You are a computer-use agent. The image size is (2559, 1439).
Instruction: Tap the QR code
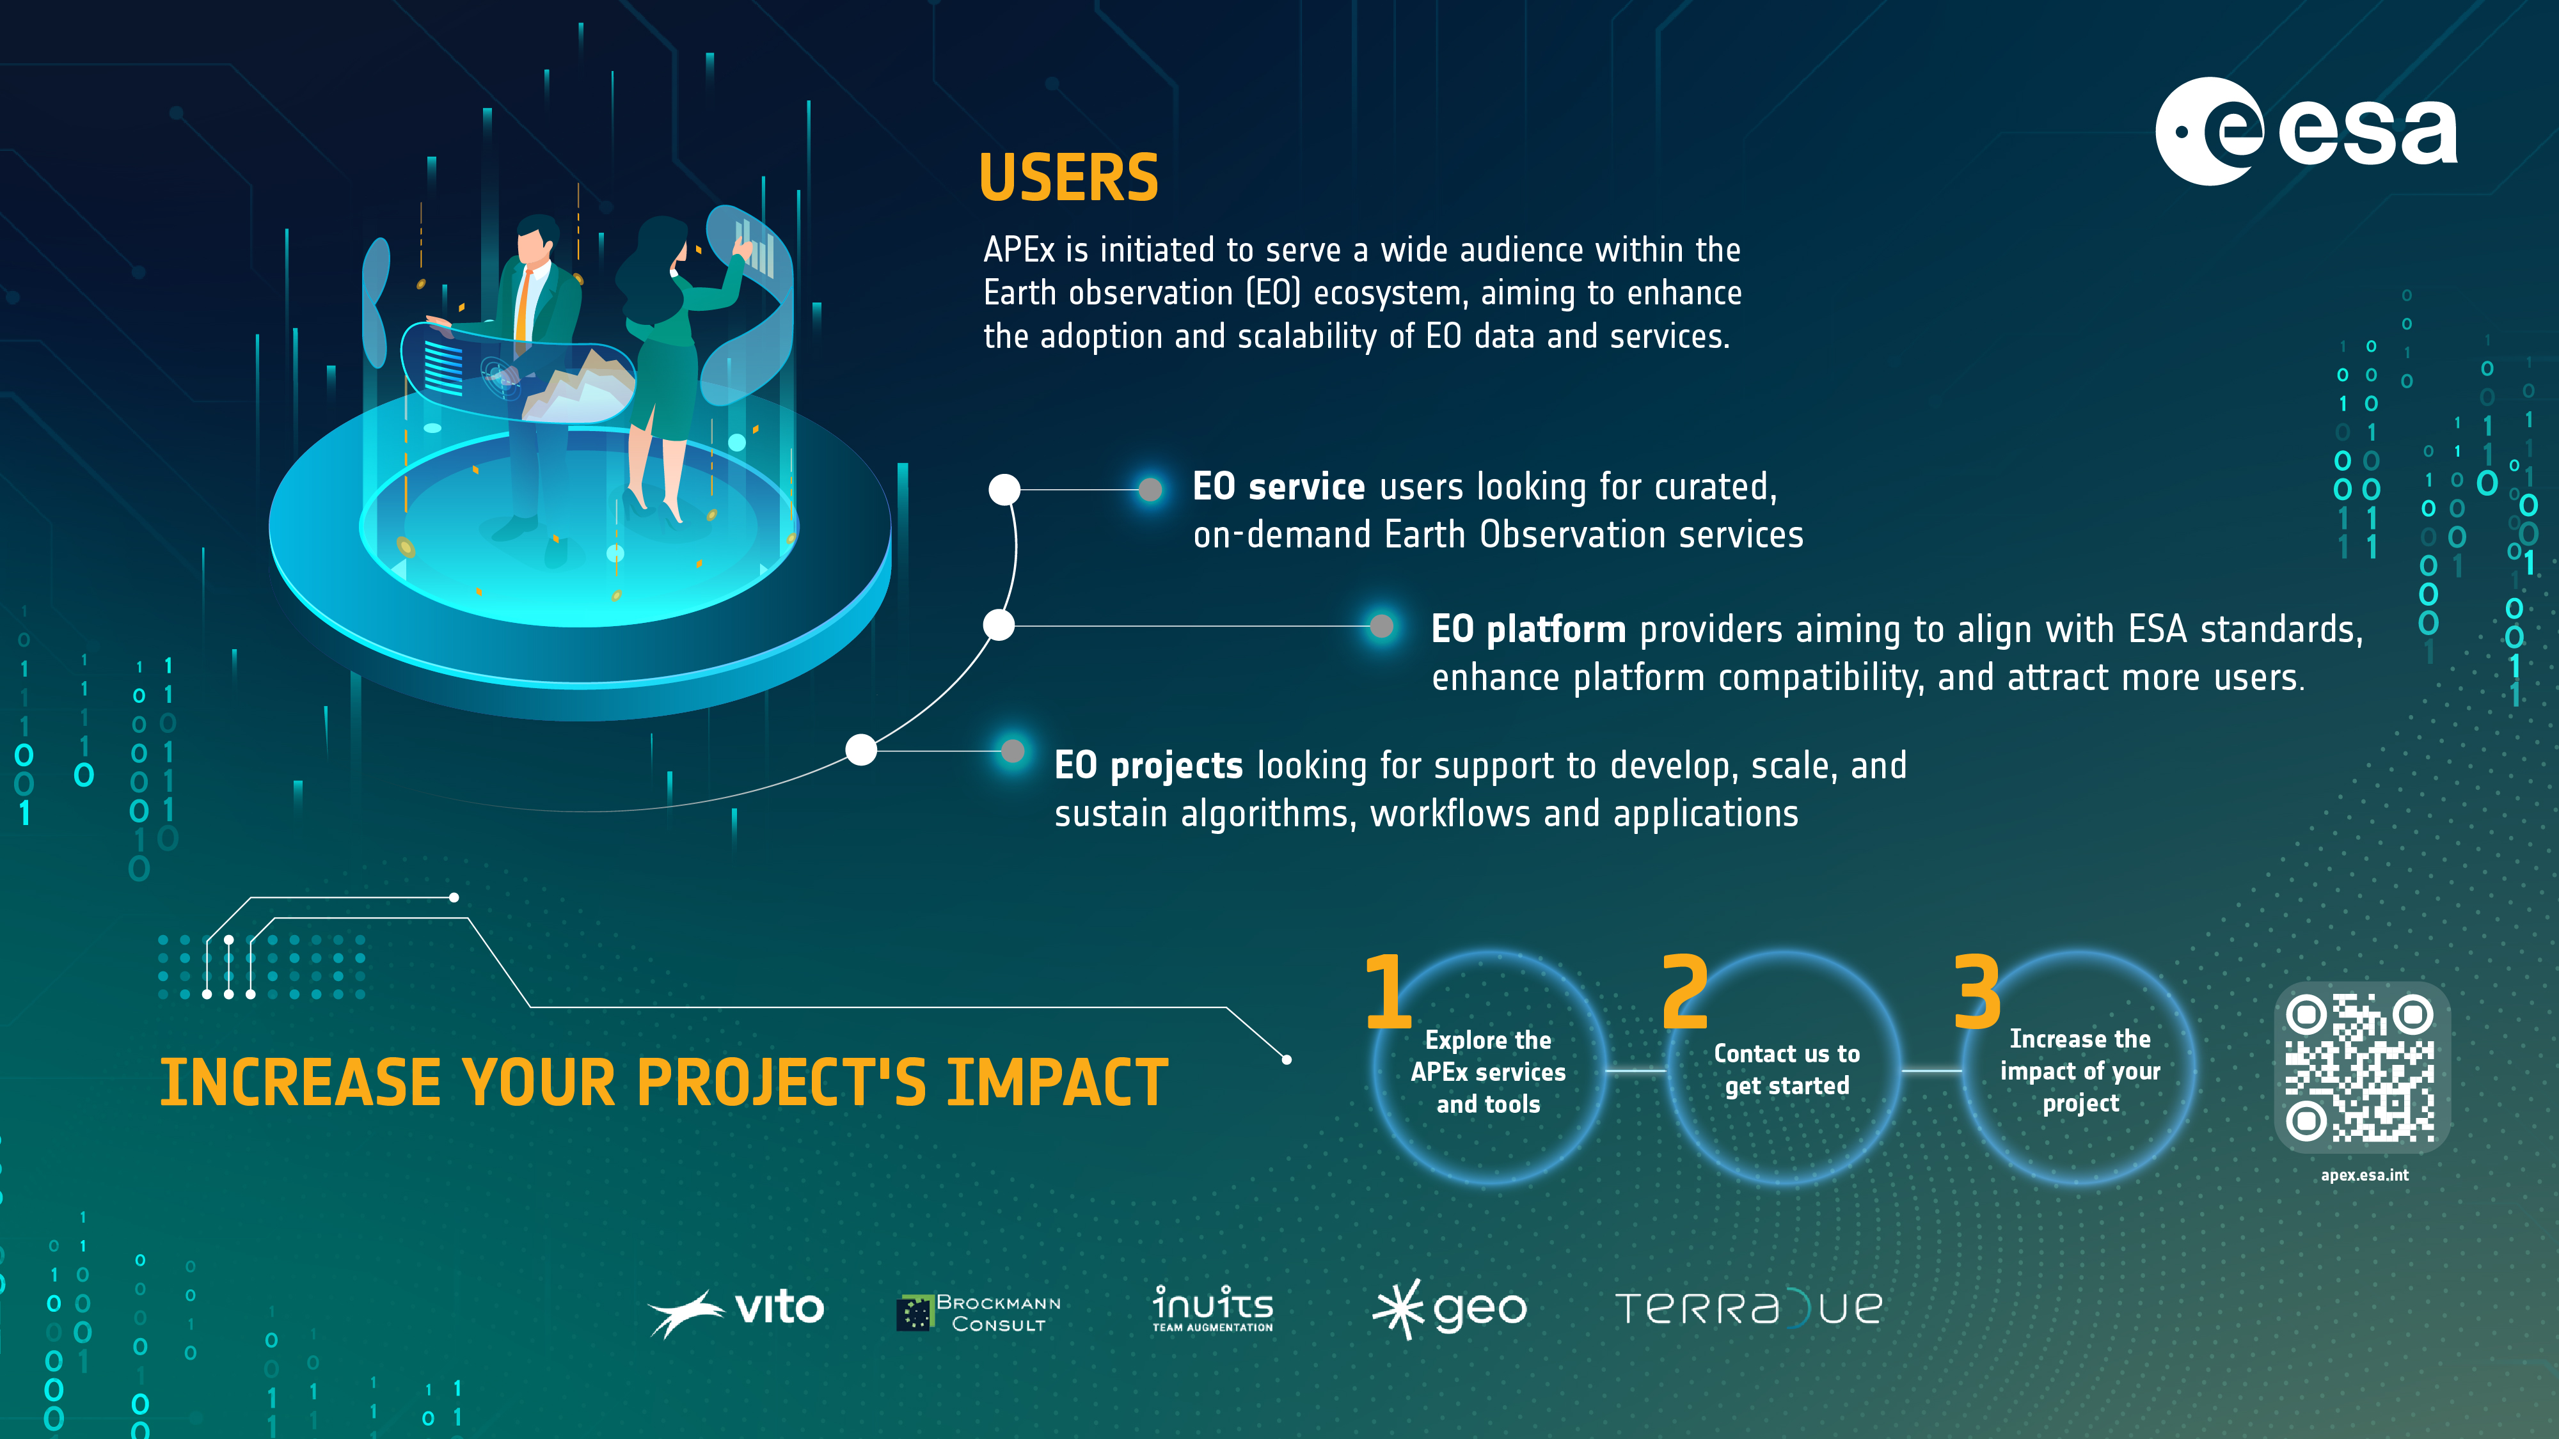pos(2361,1067)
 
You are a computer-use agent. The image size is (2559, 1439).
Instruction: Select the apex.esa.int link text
pos(2365,1175)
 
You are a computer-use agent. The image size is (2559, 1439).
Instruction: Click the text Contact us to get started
pos(1786,1069)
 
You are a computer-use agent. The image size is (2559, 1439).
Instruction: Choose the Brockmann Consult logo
pos(979,1313)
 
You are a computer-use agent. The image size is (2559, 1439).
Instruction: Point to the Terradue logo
pos(1748,1308)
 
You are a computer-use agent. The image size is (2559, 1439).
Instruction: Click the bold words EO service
pos(1278,487)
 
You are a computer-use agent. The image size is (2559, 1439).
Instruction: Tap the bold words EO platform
pos(1528,629)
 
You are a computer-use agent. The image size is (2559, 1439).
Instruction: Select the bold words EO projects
pos(1148,766)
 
